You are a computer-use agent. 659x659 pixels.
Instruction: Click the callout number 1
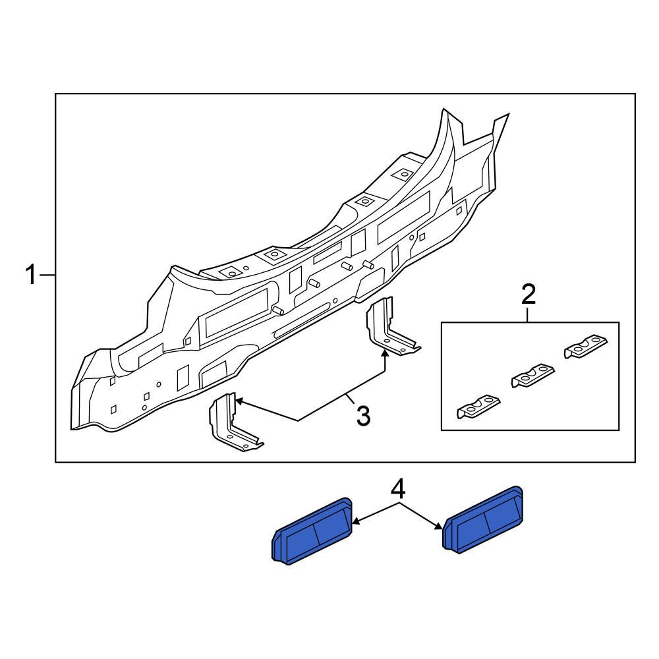point(31,275)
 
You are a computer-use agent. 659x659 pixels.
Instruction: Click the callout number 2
point(529,294)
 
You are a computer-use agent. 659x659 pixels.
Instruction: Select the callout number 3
point(363,416)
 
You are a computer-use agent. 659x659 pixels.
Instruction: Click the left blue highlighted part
point(312,531)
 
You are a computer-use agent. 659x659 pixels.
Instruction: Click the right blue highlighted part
point(485,518)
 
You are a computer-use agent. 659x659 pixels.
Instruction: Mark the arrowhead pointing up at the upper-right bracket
point(385,355)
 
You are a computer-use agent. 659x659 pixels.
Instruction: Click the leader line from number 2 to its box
point(529,314)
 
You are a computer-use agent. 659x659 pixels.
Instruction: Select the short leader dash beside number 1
point(48,275)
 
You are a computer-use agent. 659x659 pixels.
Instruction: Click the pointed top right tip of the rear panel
point(508,116)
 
